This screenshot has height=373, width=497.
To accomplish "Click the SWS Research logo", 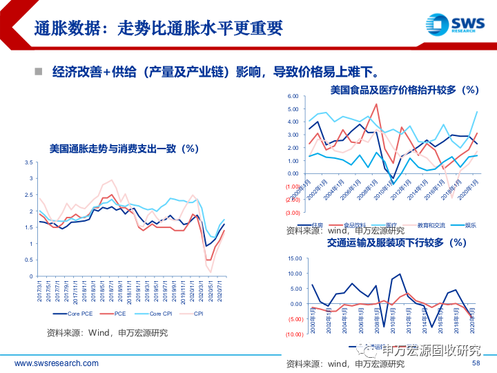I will click(452, 25).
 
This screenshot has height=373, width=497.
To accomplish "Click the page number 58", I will click(476, 363).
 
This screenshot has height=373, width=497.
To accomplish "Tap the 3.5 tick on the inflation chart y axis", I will click(28, 162).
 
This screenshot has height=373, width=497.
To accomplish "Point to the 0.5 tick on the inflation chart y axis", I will click(28, 260).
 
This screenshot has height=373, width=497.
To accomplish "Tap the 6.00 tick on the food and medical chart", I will click(292, 97).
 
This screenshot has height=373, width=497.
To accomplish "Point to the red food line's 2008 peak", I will click(376, 104).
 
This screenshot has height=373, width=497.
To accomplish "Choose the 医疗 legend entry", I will click(372, 224).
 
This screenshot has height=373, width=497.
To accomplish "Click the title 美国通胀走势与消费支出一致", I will click(124, 148).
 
